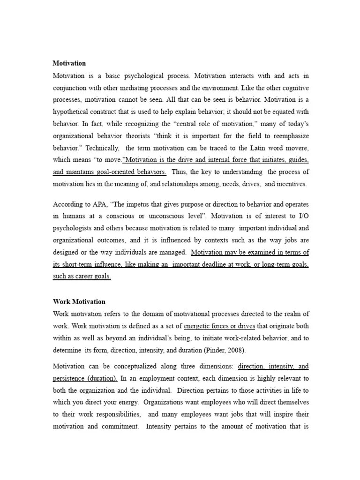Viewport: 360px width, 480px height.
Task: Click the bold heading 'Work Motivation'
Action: [79, 301]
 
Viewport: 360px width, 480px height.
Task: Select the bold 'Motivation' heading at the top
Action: [69, 63]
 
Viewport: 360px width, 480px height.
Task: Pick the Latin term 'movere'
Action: [295, 148]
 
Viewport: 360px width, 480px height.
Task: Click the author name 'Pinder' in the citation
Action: [223, 350]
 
